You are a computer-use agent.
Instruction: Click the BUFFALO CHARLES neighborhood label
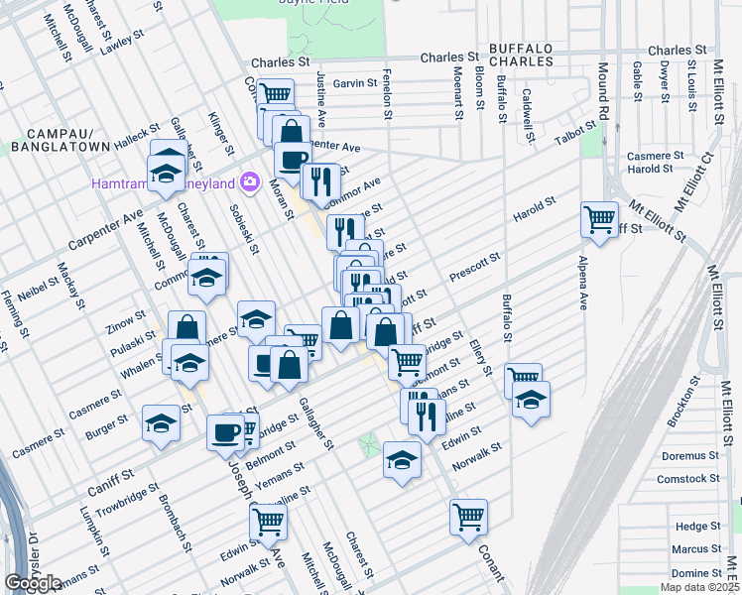point(521,55)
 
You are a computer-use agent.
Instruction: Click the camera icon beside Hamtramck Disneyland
point(249,182)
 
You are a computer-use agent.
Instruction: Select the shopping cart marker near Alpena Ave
point(599,219)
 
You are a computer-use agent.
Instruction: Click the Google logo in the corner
point(33,582)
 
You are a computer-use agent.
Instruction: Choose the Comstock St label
point(687,479)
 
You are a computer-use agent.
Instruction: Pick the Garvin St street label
point(355,84)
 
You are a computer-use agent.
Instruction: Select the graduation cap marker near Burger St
point(161,423)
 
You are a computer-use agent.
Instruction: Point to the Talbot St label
point(576,138)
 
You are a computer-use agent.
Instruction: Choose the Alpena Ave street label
point(583,288)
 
